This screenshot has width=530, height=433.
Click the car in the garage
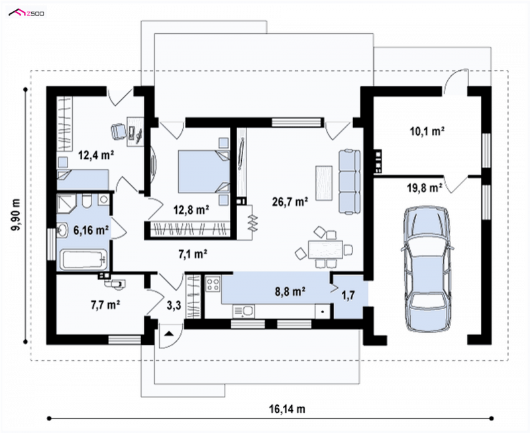427,269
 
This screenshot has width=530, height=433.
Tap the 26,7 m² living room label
290,202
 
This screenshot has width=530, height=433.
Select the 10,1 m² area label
427,131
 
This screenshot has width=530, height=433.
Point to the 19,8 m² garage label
425,188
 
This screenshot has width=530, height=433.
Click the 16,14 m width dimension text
287,409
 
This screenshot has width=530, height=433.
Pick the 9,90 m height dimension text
15,215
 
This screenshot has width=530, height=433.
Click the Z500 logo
26,13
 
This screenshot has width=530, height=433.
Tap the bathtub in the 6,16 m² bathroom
83,260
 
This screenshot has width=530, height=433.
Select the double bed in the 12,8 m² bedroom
203,171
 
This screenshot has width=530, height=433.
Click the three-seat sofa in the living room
350,181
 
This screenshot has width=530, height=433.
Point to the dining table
325,250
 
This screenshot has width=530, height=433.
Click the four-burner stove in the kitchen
213,284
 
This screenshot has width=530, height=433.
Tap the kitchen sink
243,311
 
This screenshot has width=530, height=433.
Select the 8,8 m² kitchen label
290,291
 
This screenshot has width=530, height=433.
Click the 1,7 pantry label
348,295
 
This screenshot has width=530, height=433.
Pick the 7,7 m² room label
105,305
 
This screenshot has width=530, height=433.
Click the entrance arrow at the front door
169,334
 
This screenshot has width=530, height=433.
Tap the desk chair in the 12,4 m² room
118,131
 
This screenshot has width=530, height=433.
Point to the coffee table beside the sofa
324,183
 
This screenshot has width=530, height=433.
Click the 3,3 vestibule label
174,305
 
